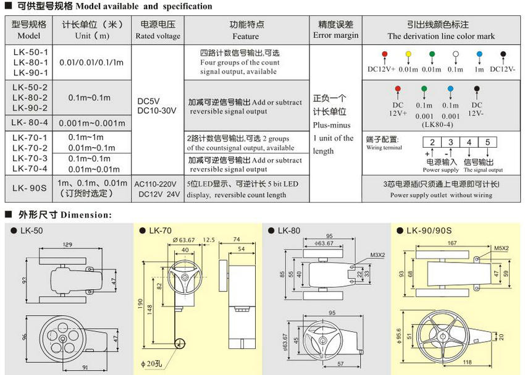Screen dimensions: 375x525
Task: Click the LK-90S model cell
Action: click(x=29, y=189)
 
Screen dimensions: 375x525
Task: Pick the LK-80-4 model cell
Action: click(x=29, y=122)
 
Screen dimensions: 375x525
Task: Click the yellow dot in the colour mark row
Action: click(x=408, y=55)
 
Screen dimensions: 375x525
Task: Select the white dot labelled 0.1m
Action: click(x=455, y=55)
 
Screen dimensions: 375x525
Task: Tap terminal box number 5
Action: click(x=487, y=143)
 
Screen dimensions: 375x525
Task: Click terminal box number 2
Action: click(x=434, y=143)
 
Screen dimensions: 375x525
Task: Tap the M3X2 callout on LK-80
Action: click(x=377, y=254)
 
